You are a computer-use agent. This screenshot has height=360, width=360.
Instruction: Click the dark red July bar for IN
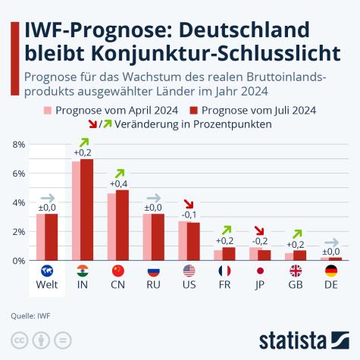(x=87, y=210)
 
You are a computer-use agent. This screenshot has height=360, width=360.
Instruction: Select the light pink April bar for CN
(x=111, y=227)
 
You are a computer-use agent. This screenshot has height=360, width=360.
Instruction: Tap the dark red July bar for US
(x=194, y=241)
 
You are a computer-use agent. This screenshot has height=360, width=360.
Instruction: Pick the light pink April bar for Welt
(x=41, y=236)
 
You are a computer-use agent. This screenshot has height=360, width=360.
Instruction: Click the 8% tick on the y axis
(x=18, y=144)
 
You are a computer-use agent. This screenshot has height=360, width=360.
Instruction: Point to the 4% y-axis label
(x=18, y=202)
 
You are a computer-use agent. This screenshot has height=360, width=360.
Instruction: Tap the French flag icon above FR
(x=224, y=271)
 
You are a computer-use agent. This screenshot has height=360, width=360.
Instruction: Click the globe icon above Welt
(x=47, y=271)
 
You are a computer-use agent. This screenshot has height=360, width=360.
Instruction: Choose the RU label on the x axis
(x=153, y=286)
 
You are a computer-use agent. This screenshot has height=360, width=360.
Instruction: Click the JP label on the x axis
(x=260, y=286)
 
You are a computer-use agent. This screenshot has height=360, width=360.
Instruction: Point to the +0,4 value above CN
(x=118, y=183)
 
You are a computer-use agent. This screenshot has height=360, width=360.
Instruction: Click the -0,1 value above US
(x=189, y=214)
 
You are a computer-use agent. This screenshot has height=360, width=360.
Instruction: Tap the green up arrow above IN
(x=83, y=142)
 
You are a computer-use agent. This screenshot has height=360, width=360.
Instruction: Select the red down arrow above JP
(x=259, y=232)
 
